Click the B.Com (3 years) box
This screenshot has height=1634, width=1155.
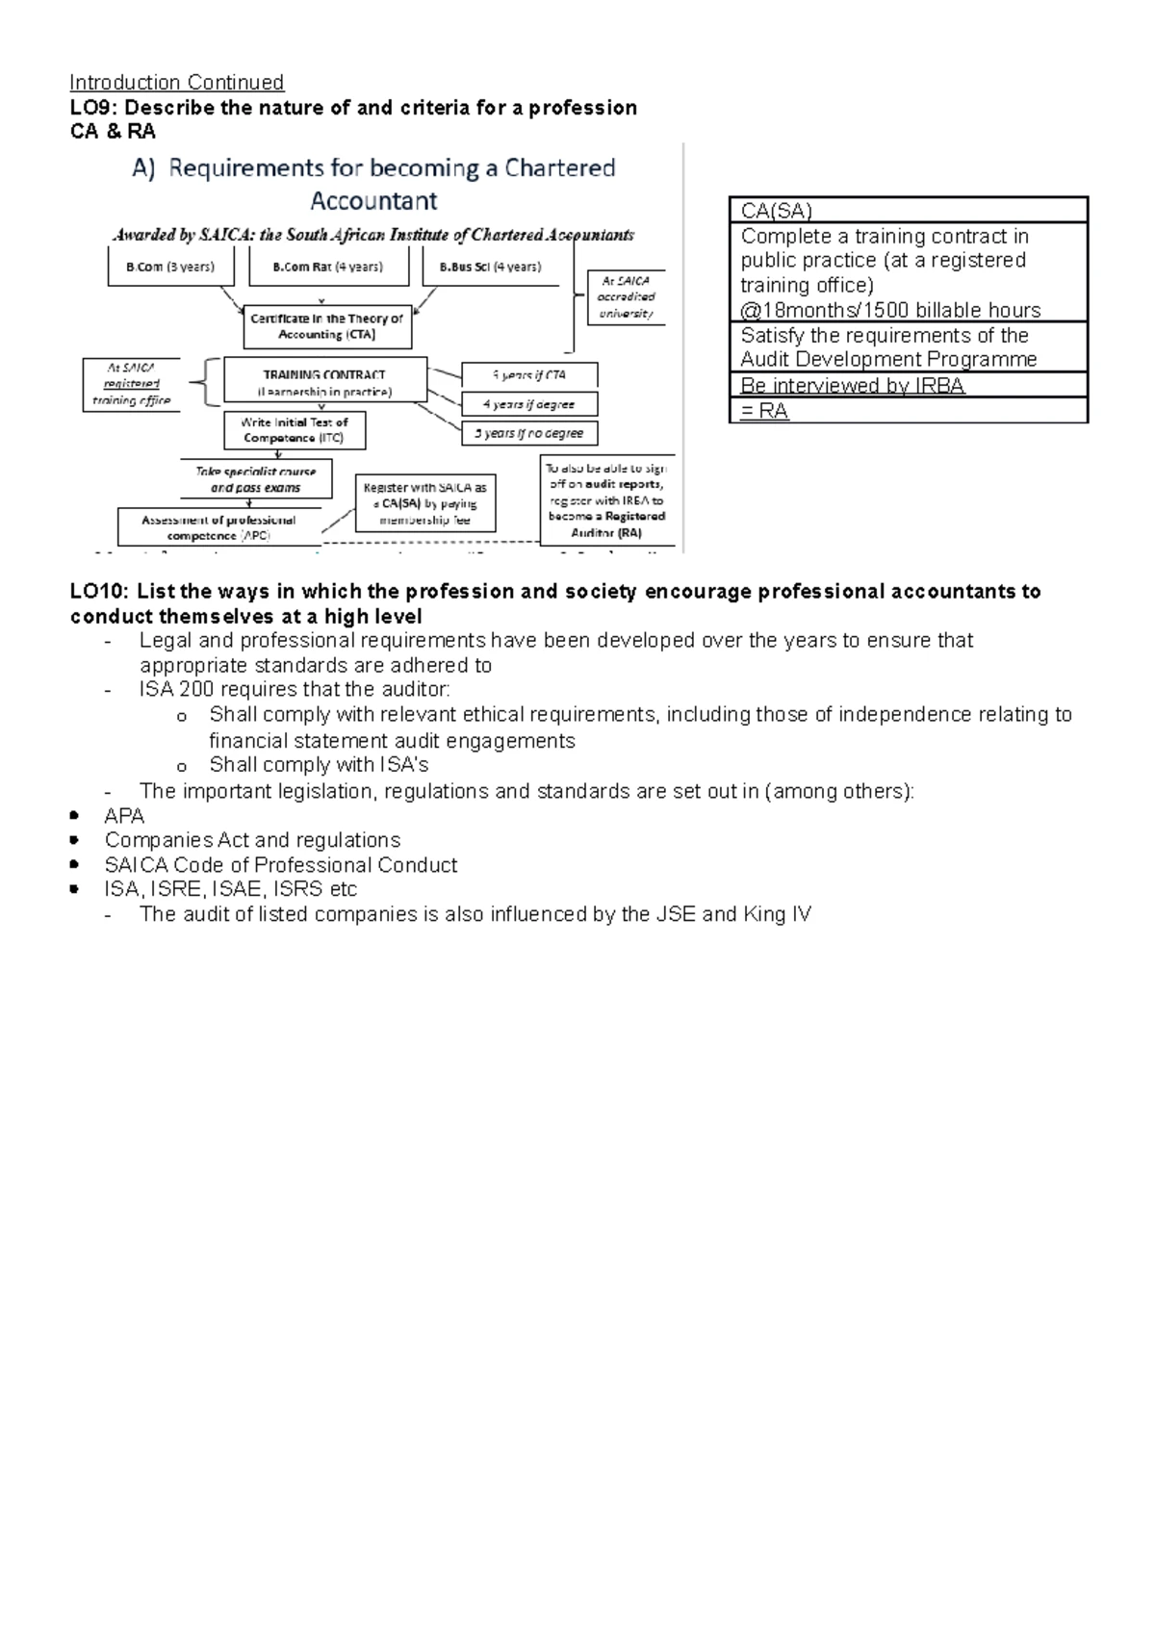(170, 267)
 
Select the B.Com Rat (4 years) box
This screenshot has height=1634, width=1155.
(328, 267)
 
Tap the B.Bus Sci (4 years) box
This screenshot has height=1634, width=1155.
(491, 267)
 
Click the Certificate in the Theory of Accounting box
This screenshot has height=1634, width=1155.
(327, 327)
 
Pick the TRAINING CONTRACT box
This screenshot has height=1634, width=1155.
(325, 381)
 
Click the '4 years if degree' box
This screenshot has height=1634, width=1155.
(529, 404)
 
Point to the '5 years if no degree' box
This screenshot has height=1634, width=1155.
(529, 433)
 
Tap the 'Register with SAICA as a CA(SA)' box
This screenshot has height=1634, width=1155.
(425, 503)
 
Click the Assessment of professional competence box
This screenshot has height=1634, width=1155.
(218, 527)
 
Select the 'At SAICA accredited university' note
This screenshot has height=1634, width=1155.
(627, 296)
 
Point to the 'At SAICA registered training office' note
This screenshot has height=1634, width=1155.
(132, 384)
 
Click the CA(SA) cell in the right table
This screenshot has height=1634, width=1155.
(908, 210)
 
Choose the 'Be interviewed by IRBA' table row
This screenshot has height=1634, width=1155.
(908, 385)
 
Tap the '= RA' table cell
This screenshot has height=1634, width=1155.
(908, 411)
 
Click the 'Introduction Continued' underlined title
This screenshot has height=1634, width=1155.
(177, 83)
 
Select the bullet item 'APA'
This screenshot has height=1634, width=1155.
(124, 816)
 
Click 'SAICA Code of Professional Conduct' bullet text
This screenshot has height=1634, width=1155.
(281, 865)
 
